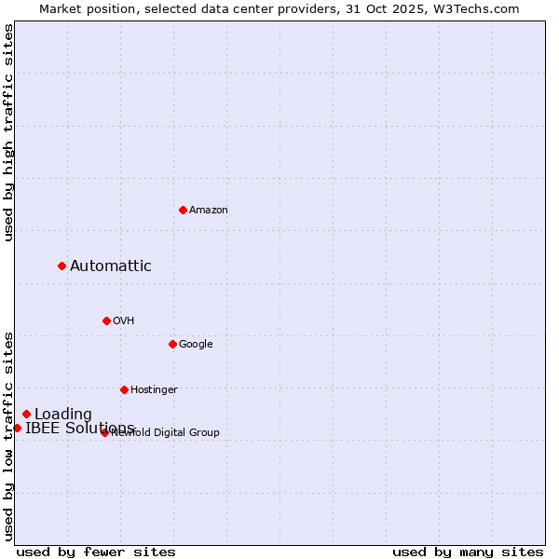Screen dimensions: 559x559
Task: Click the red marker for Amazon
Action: [183, 210]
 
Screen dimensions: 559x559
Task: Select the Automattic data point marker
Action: [62, 266]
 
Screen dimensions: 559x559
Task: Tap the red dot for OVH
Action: [106, 320]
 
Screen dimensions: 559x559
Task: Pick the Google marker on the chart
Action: [172, 344]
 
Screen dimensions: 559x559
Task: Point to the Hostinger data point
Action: [124, 389]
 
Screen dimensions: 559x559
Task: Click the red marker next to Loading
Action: [26, 414]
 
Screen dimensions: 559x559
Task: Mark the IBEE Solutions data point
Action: [17, 428]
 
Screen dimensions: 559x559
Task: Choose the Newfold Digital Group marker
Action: [104, 432]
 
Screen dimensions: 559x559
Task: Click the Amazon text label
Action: [209, 211]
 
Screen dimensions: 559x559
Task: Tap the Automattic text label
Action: [111, 266]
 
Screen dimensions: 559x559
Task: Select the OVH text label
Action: [124, 321]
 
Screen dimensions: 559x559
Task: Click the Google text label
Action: [196, 345]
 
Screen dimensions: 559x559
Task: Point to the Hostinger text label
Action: [154, 390]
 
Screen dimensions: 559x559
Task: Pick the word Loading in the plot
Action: [63, 415]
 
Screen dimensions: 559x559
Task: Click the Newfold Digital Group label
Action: [166, 433]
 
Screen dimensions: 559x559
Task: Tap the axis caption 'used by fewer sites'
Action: [96, 552]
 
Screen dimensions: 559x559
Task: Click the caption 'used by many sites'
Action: [468, 552]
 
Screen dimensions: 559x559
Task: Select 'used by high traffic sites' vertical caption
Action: [8, 132]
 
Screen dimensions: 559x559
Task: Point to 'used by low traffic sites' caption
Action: [8, 436]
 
